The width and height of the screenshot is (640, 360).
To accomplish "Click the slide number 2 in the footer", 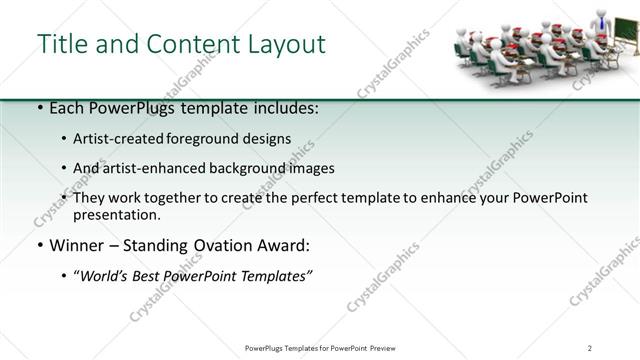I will [x=590, y=347].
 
